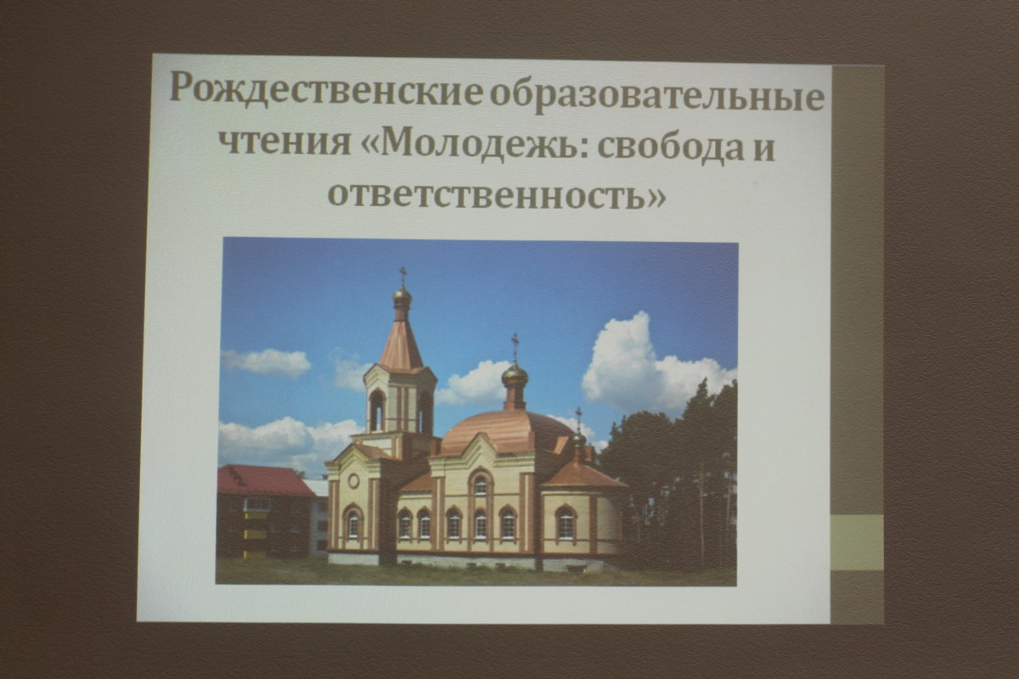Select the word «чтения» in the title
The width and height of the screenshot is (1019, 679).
click(285, 143)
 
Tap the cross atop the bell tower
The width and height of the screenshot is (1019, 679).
click(403, 276)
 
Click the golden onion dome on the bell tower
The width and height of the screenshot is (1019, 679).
click(403, 297)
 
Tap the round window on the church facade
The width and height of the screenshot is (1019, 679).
click(353, 480)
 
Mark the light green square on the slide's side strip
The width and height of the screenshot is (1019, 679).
click(857, 542)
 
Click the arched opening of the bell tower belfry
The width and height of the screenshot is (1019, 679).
click(377, 411)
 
